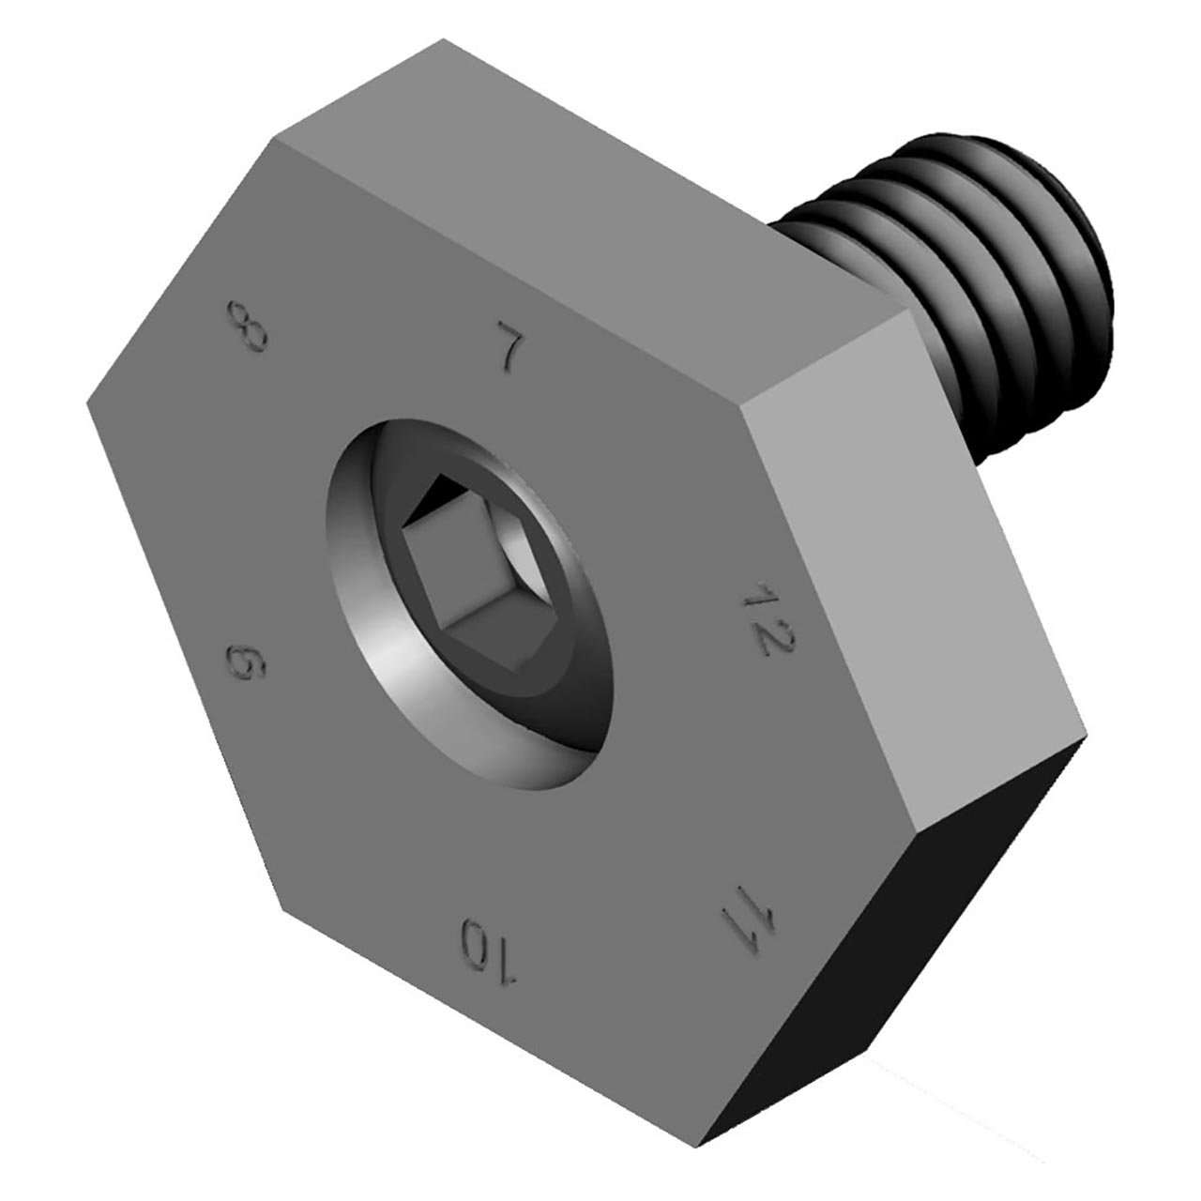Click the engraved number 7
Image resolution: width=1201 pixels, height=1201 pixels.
509,344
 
